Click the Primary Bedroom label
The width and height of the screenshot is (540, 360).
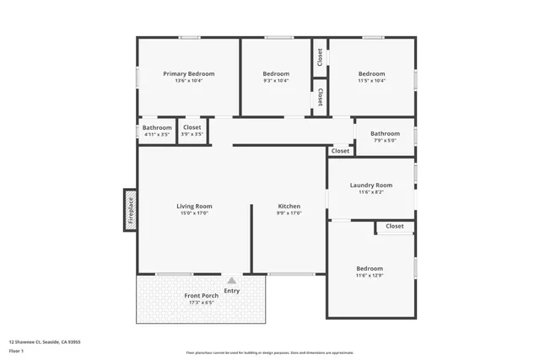pos(188,73)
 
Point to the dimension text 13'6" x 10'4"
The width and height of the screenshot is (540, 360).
pos(188,81)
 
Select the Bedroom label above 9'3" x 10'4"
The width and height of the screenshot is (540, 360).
pos(276,73)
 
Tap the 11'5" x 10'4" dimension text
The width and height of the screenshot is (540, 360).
pos(371,81)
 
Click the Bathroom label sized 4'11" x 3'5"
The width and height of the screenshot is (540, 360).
pos(157,127)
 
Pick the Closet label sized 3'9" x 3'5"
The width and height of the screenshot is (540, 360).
pos(192,127)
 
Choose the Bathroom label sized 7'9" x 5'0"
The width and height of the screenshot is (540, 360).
pos(385,133)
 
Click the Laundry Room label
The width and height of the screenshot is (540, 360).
pos(371,185)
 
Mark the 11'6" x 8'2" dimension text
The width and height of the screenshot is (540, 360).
pos(371,192)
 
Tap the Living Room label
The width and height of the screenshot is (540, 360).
pos(194,206)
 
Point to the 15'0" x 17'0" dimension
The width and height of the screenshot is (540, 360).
pos(194,213)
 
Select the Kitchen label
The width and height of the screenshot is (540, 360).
pos(289,206)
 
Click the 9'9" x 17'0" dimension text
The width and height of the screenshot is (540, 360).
pos(289,213)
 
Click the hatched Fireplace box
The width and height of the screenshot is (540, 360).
pos(131,211)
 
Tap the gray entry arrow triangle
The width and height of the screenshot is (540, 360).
pos(231,281)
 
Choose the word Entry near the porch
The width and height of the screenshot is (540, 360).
pos(231,291)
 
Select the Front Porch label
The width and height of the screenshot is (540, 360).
pos(202,296)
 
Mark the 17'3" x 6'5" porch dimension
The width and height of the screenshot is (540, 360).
pos(202,304)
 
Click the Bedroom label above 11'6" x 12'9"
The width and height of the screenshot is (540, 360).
pos(370,268)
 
